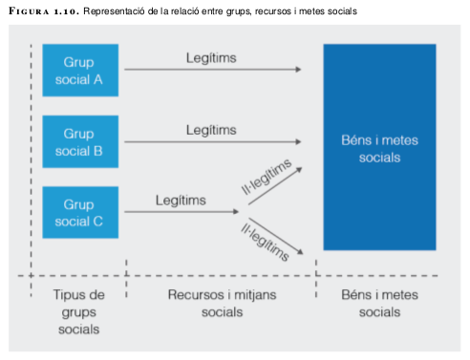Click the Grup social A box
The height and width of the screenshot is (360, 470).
(80, 70)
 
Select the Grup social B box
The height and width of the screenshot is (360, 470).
(80, 141)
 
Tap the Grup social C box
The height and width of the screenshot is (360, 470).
(80, 212)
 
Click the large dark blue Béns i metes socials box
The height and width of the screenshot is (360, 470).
(379, 147)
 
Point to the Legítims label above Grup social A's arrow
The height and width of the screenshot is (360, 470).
(211, 58)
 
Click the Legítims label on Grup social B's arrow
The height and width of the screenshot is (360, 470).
(211, 130)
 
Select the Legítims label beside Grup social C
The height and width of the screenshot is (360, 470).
(181, 201)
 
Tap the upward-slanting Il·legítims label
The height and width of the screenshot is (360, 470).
(267, 176)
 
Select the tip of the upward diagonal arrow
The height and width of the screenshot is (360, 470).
(302, 168)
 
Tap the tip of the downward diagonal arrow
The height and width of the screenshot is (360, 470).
(303, 254)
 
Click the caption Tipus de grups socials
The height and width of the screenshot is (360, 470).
(78, 312)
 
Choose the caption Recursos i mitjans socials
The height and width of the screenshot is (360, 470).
(222, 304)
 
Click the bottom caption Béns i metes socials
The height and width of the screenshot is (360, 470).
(379, 304)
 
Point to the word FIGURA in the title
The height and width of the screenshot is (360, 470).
(29, 11)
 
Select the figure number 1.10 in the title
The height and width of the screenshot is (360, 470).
(66, 11)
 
